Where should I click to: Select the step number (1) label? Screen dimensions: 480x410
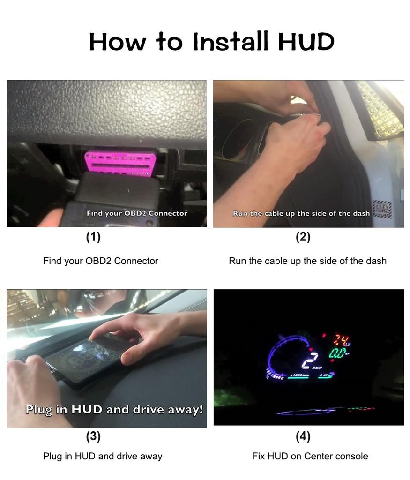click(93, 237)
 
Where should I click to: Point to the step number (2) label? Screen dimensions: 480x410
click(303, 237)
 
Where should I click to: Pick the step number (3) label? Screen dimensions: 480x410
click(93, 436)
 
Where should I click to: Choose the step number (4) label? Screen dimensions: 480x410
click(303, 436)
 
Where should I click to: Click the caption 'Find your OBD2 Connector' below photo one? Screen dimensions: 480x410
click(100, 261)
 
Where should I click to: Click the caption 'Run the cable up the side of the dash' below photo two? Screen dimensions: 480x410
click(307, 261)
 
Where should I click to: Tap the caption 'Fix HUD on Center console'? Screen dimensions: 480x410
click(310, 456)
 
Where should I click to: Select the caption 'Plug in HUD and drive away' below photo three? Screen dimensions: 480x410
click(103, 456)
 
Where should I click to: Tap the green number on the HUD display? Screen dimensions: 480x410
click(338, 353)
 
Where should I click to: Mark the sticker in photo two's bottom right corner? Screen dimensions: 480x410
click(381, 209)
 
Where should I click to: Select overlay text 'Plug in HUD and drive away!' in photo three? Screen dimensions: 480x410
click(114, 409)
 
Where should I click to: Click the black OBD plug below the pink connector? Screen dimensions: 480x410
click(112, 197)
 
